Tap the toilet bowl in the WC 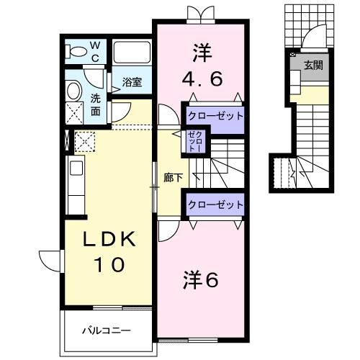75,50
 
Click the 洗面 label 95,106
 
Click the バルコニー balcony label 105,331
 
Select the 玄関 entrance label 312,66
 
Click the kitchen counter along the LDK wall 77,185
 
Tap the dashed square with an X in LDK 85,142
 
